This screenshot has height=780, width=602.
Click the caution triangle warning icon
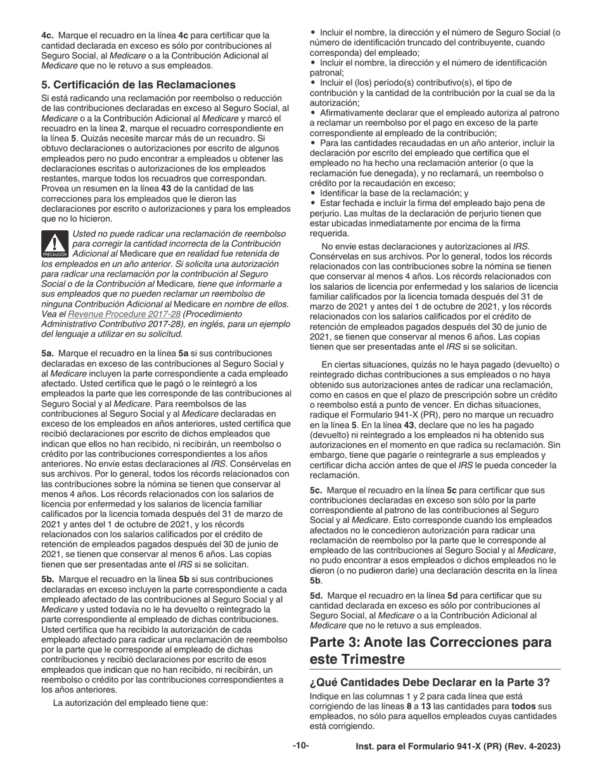55,244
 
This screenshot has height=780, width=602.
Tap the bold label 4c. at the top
48,36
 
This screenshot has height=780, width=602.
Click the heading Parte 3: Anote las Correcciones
430,642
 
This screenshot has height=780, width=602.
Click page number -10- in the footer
301,746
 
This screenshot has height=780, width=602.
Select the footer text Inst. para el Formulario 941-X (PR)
458,747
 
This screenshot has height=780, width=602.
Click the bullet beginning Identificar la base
394,193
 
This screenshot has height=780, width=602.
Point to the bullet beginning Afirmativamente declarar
437,112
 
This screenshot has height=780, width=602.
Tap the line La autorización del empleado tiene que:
131,703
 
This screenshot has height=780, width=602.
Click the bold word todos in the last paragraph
523,706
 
